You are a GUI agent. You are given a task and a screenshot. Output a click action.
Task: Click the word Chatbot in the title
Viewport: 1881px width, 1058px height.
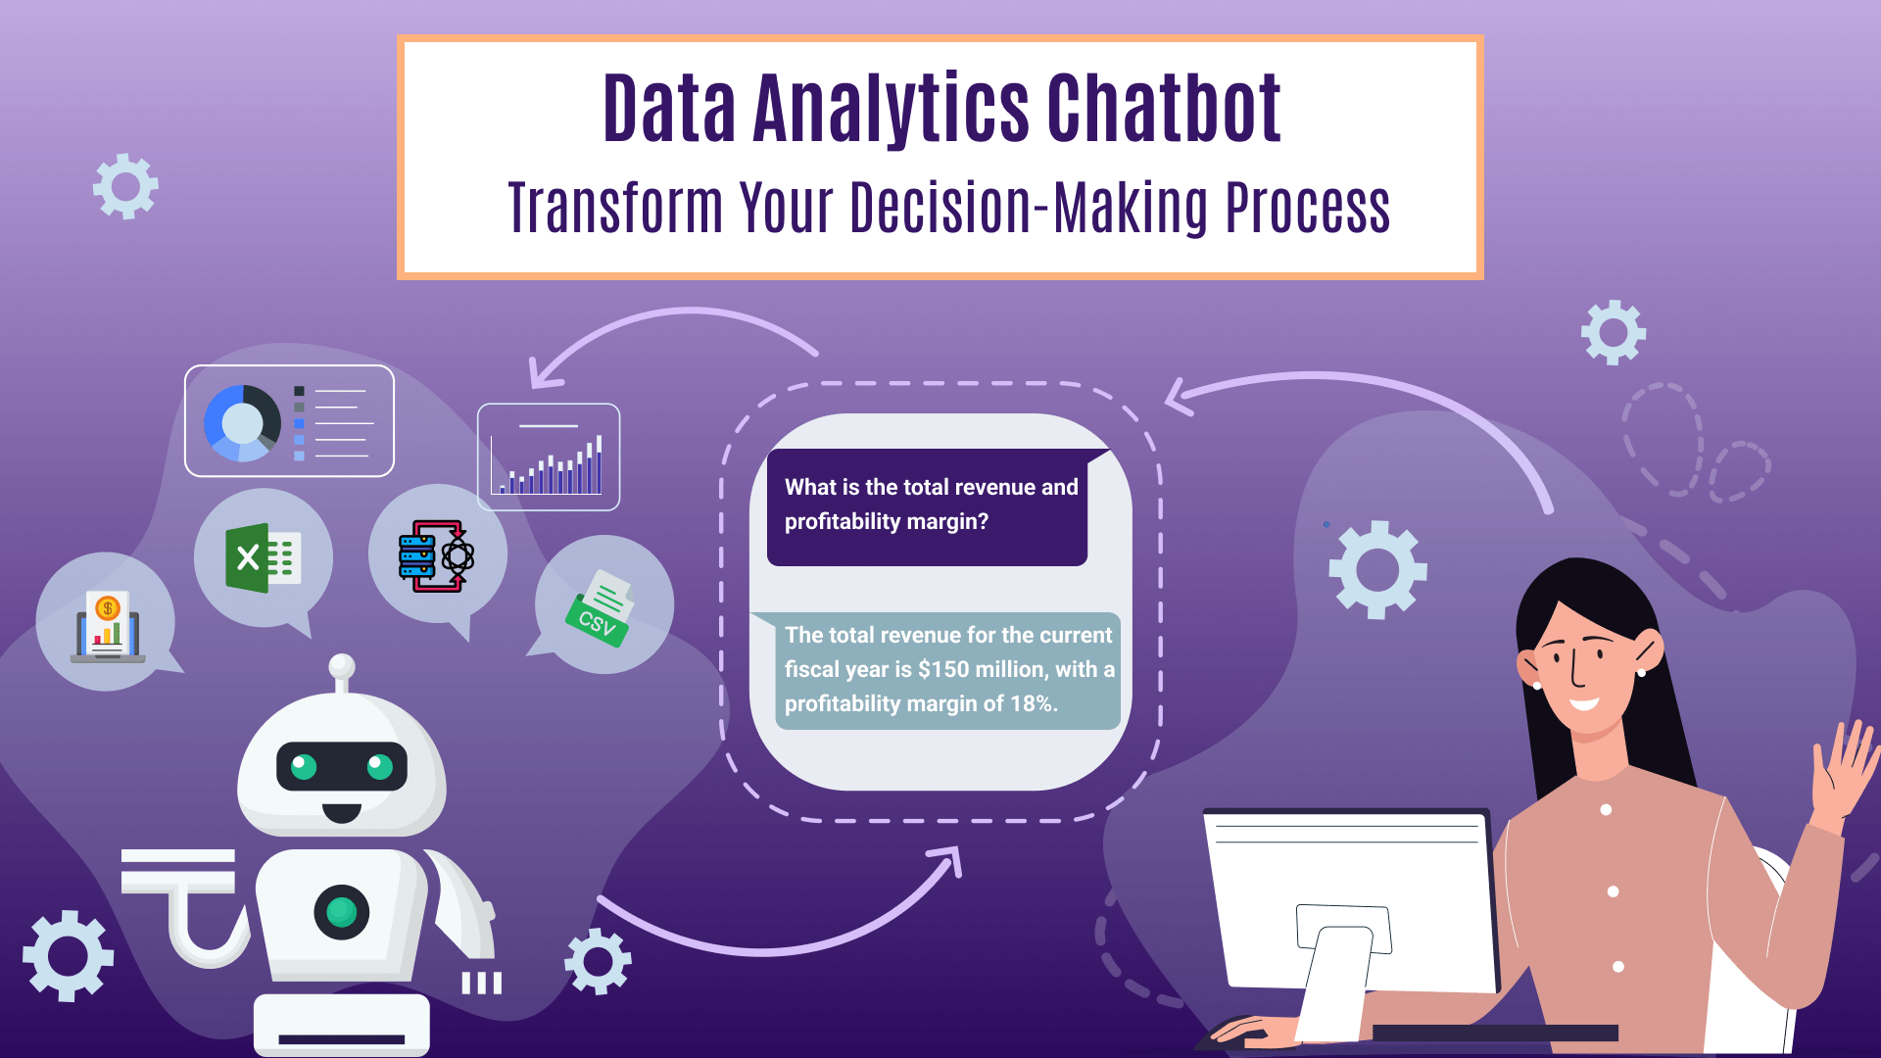(1164, 108)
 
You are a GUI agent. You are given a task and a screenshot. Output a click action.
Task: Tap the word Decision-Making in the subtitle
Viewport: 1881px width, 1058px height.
(1029, 208)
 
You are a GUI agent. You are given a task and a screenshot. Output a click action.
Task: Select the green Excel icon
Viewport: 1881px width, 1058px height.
(264, 558)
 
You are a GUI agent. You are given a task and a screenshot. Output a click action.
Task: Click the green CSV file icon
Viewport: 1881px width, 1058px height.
(601, 608)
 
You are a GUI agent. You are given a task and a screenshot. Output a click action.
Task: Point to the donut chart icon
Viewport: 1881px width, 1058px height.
(242, 422)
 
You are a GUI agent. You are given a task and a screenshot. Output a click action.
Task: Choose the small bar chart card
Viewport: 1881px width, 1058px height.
(549, 457)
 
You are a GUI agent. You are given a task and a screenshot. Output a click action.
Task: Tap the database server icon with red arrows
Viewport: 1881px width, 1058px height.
(437, 556)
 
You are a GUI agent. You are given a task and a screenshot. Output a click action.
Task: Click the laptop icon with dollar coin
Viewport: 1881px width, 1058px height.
(108, 627)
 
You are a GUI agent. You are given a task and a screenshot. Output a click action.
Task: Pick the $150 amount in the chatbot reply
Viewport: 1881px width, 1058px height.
(943, 669)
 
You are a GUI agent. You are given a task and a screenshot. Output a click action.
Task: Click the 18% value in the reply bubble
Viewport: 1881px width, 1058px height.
(1034, 703)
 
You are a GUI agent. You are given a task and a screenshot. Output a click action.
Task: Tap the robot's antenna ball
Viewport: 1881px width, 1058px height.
(342, 666)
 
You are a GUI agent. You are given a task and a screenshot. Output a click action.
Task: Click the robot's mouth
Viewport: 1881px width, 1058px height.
(342, 812)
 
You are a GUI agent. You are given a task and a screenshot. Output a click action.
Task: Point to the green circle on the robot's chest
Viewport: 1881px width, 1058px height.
(341, 912)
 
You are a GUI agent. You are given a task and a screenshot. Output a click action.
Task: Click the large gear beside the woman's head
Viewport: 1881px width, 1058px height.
(1377, 569)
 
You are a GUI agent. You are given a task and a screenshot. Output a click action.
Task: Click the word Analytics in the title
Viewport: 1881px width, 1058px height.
(891, 110)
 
